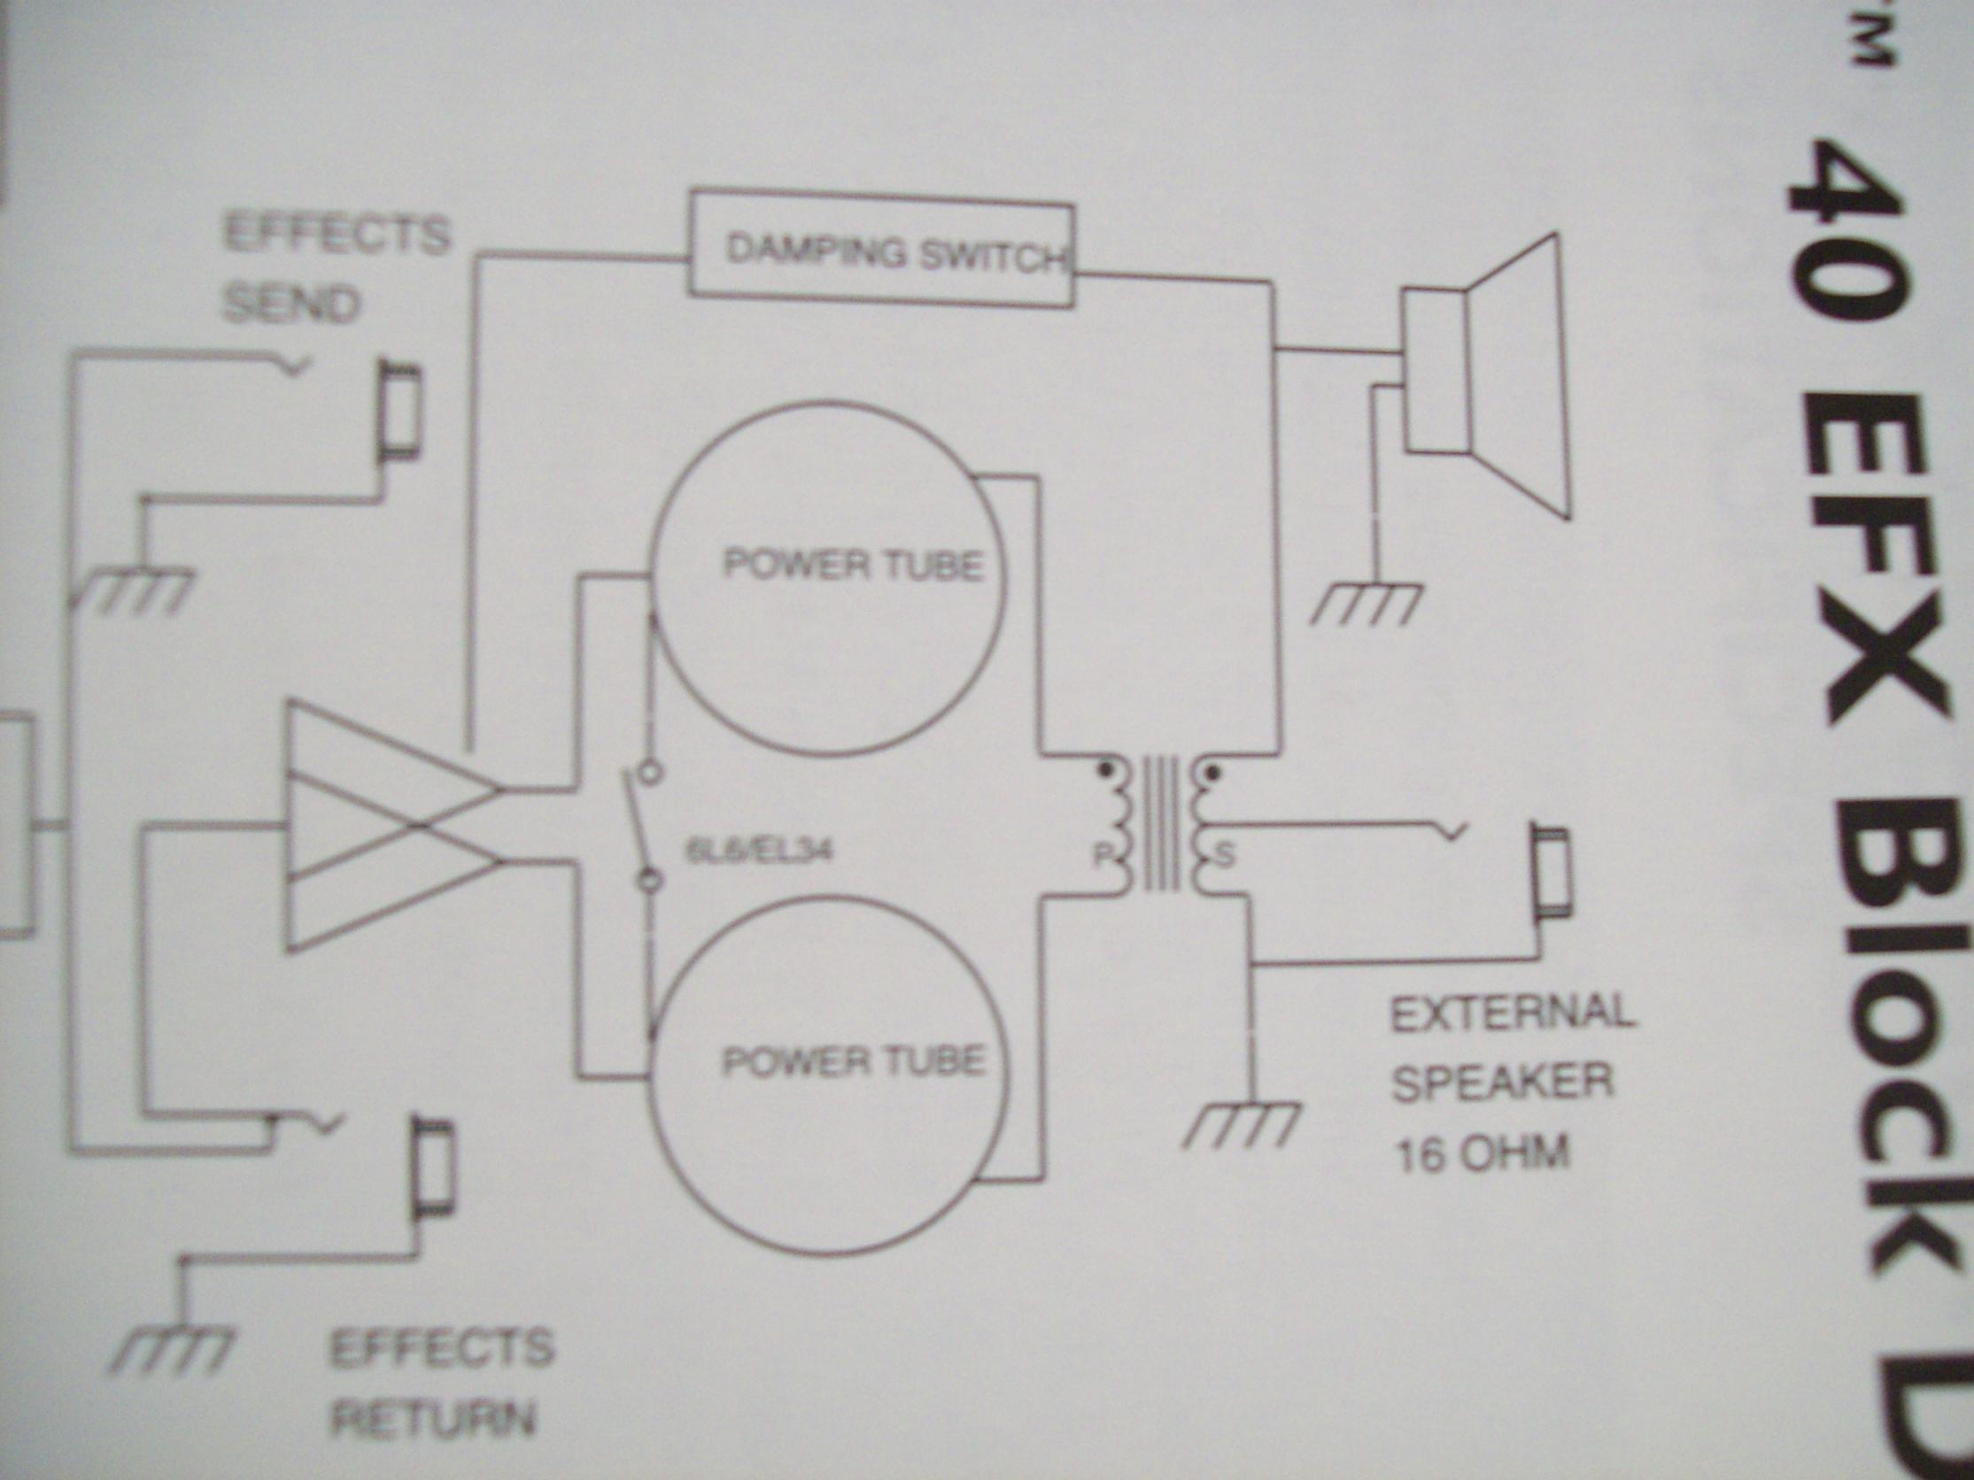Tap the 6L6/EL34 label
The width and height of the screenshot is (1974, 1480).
tap(759, 852)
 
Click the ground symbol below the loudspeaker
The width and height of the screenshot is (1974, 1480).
tap(1367, 604)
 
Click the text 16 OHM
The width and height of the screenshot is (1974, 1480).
tap(1482, 1155)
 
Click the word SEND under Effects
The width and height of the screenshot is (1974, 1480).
tap(290, 305)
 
